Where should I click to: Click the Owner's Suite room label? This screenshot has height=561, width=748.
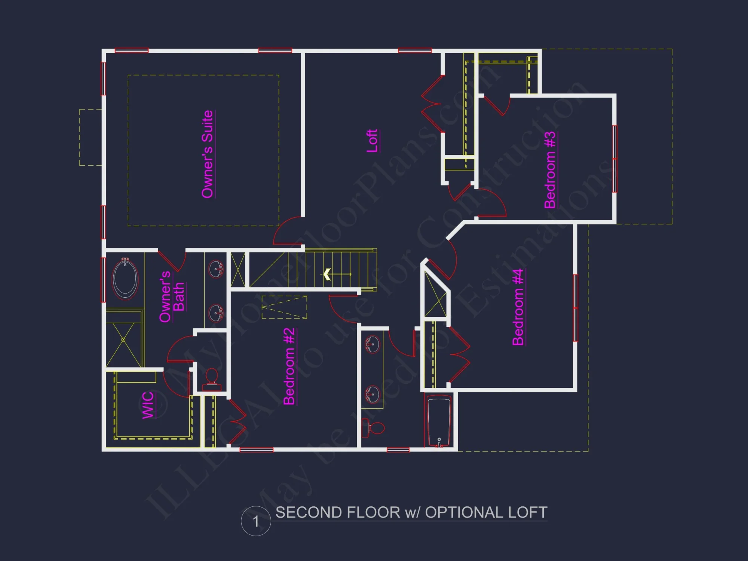point(208,154)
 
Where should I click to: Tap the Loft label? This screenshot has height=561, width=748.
point(372,141)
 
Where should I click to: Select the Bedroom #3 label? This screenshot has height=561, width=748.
point(550,170)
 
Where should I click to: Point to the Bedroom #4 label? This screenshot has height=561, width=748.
point(518,307)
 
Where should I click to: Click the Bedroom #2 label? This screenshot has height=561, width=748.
point(289,367)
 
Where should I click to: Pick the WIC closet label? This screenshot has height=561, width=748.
point(148,405)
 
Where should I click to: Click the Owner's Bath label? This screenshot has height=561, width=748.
point(172,297)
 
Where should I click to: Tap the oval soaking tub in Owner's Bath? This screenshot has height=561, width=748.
point(125,279)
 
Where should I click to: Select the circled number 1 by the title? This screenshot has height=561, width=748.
point(256,521)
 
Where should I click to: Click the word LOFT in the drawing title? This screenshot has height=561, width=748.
point(527,512)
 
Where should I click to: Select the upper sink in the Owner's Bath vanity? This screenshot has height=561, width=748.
point(216,269)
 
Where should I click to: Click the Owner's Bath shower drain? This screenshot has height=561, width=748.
point(123,340)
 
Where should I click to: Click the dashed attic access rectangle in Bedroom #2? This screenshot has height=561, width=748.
point(284,307)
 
